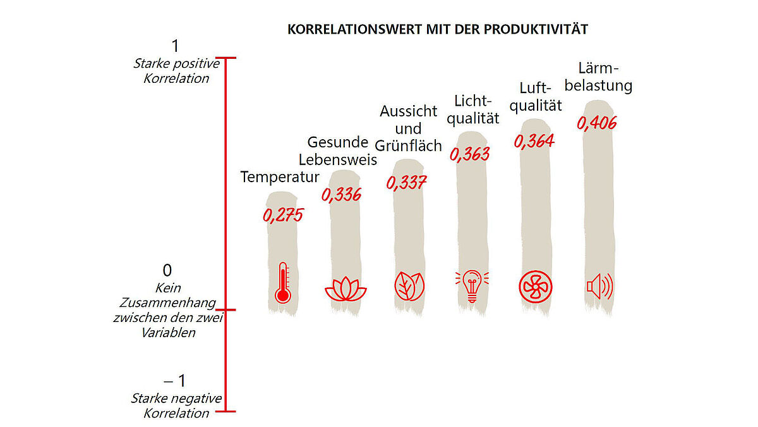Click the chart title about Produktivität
click(437, 30)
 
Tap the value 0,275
click(283, 215)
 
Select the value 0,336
click(341, 194)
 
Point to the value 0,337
click(406, 183)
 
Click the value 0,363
click(469, 154)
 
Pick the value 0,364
click(534, 140)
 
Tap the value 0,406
click(596, 123)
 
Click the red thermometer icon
click(282, 284)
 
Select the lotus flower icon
click(346, 288)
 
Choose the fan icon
click(535, 287)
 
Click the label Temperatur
click(280, 177)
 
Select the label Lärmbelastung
click(598, 77)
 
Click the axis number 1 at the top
click(175, 46)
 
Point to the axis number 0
click(167, 271)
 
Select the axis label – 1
click(175, 381)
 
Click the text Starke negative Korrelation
click(176, 405)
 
